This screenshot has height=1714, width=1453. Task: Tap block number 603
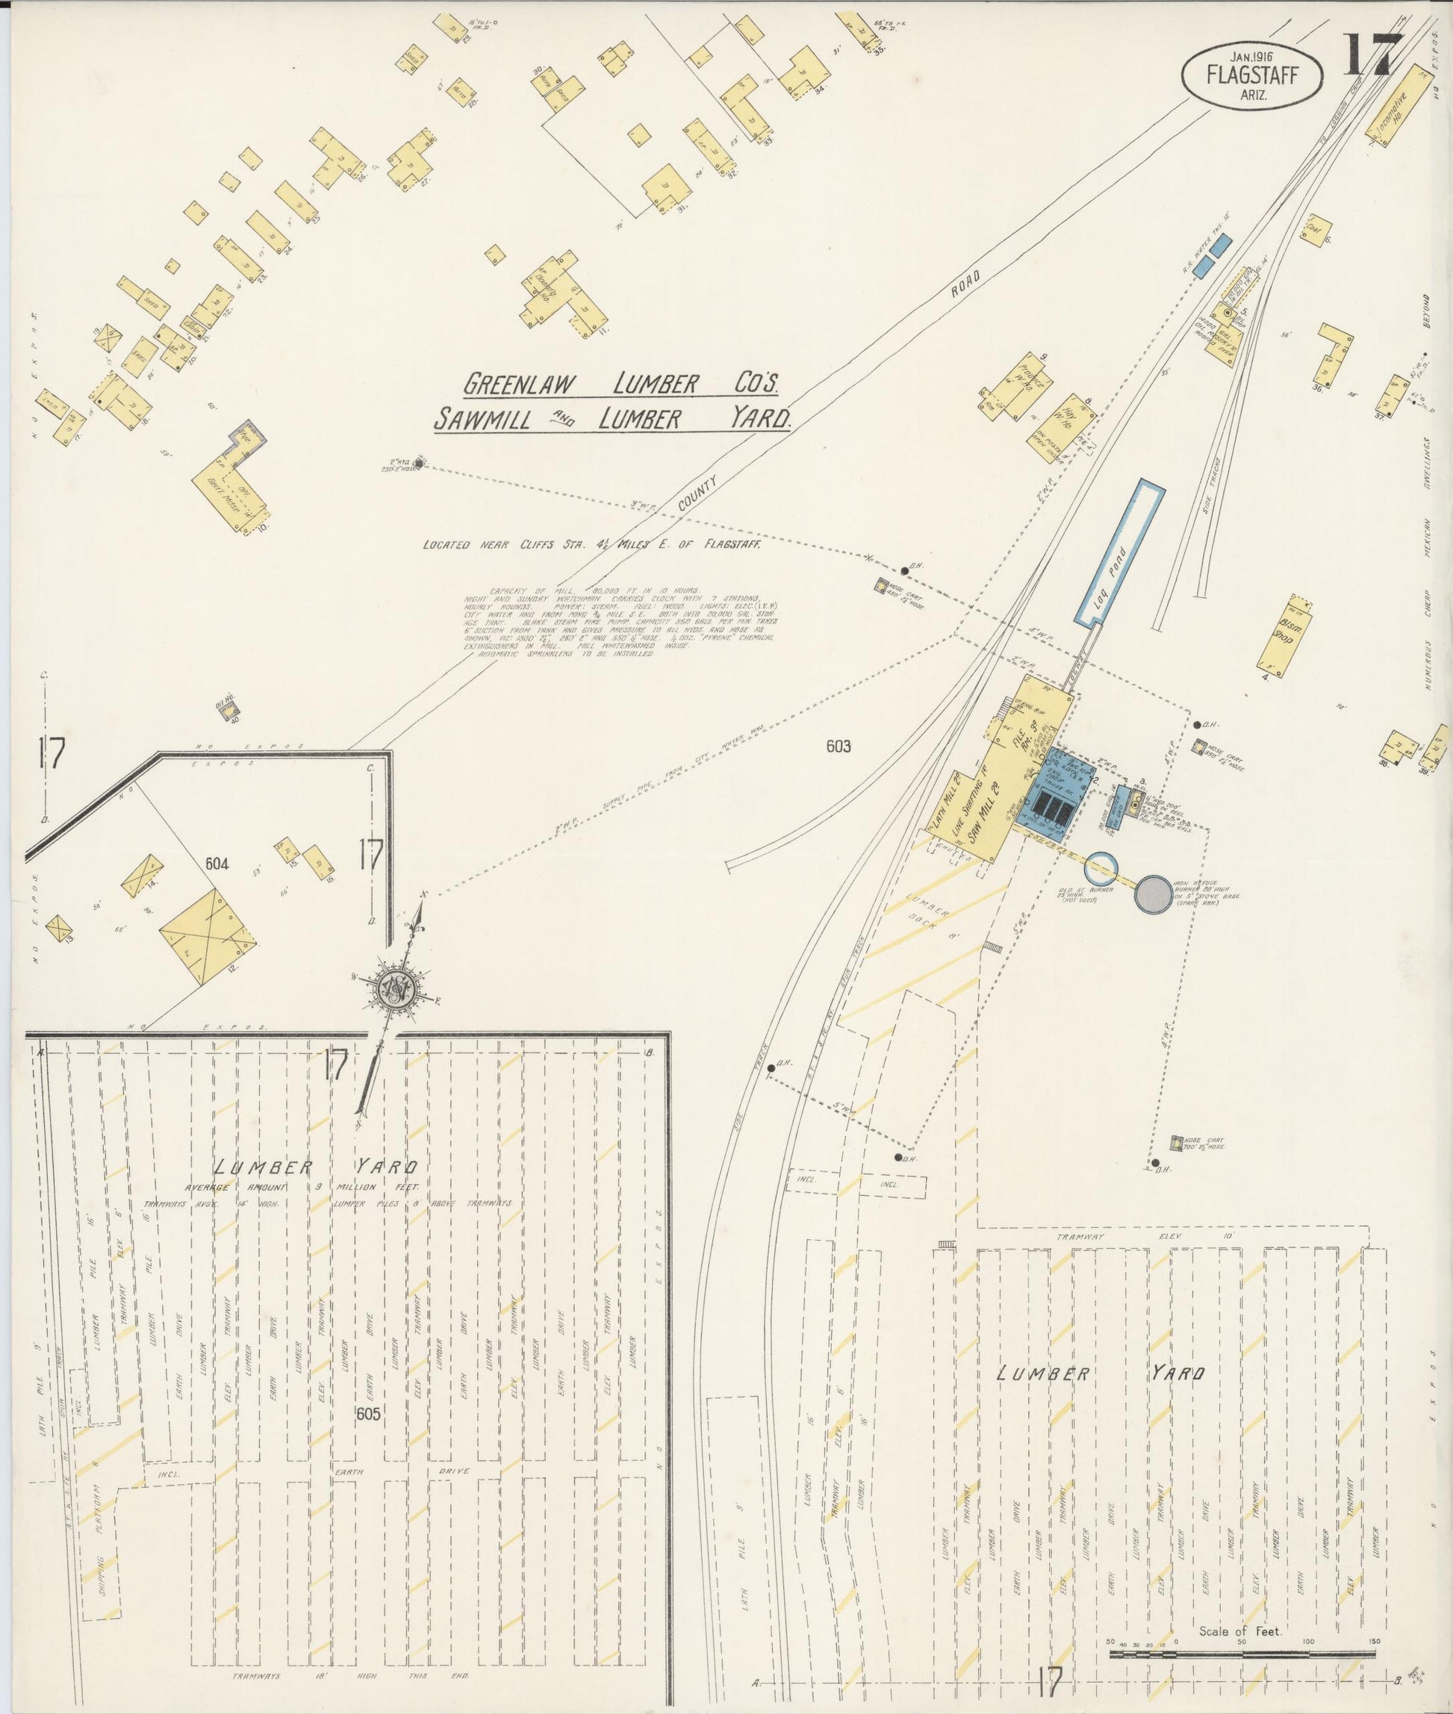838,747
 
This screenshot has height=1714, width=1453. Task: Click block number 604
217,864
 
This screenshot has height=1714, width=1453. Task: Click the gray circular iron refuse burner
1151,894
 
